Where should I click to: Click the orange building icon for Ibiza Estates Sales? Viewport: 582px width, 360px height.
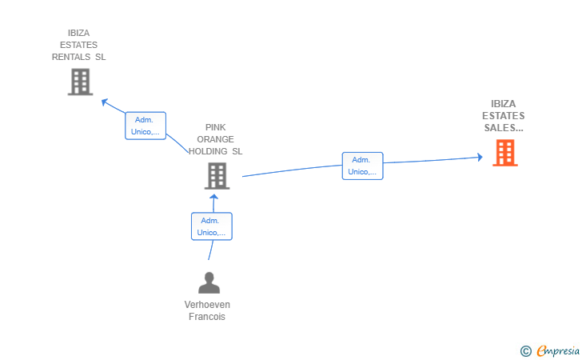pyautogui.click(x=504, y=153)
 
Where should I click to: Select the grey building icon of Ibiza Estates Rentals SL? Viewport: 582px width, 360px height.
pyautogui.click(x=80, y=82)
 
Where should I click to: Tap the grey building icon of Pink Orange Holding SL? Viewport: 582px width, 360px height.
pyautogui.click(x=217, y=176)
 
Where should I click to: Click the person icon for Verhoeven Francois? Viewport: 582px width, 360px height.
pyautogui.click(x=209, y=283)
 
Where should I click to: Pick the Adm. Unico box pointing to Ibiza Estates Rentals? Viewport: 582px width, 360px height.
pyautogui.click(x=145, y=126)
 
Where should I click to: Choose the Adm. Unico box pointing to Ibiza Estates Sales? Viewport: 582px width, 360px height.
pyautogui.click(x=362, y=166)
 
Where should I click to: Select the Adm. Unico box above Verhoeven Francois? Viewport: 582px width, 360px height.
pyautogui.click(x=211, y=226)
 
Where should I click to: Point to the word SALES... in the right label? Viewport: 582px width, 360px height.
pyautogui.click(x=504, y=127)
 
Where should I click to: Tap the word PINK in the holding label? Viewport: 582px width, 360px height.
pyautogui.click(x=216, y=127)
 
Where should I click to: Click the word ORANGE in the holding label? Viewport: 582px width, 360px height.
pyautogui.click(x=216, y=139)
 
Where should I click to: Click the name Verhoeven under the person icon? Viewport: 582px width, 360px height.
pyautogui.click(x=207, y=305)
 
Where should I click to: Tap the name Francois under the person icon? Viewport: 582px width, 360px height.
pyautogui.click(x=207, y=317)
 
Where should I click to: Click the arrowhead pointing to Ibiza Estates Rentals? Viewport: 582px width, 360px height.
pyautogui.click(x=104, y=102)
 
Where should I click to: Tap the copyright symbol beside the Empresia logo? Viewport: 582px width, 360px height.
pyautogui.click(x=525, y=350)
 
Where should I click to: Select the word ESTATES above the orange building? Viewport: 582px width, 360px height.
pyautogui.click(x=504, y=116)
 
